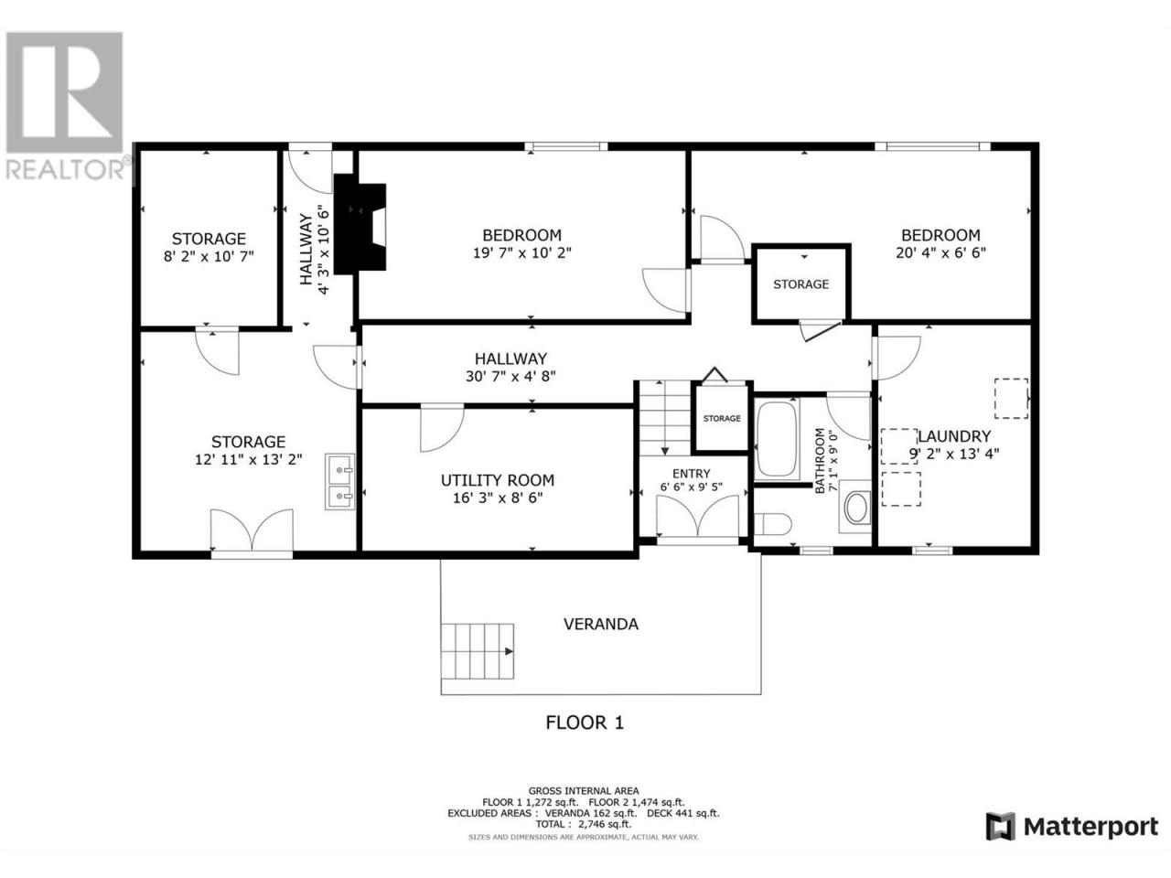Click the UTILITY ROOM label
(x=497, y=480)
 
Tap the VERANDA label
(x=601, y=625)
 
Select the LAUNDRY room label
(x=954, y=436)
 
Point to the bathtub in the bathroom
(x=777, y=440)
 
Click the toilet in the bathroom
(x=772, y=523)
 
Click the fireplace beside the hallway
(x=360, y=224)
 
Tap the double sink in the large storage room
(x=339, y=482)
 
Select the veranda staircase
(x=477, y=651)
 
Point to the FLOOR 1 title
(x=585, y=723)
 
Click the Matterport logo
(x=1072, y=827)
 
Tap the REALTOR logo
(x=66, y=105)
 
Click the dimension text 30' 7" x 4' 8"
(x=510, y=377)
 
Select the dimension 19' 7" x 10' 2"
(x=521, y=252)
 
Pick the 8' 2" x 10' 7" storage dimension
(x=209, y=256)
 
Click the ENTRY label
(x=691, y=474)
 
